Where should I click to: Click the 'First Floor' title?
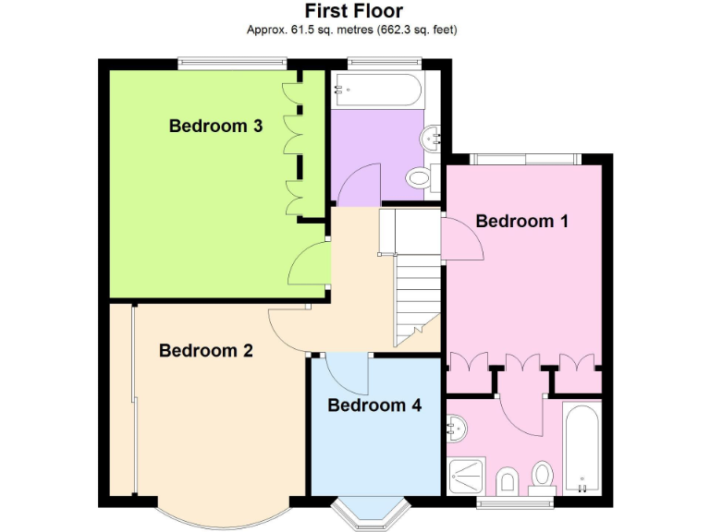(x=354, y=12)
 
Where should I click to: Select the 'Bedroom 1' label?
(x=521, y=221)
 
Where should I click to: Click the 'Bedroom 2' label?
(x=206, y=350)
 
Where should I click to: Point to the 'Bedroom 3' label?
(x=215, y=126)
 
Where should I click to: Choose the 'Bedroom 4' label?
(x=374, y=405)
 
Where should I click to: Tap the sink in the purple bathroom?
(x=432, y=139)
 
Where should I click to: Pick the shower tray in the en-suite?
(x=469, y=476)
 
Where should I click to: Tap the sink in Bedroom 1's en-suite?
(x=456, y=427)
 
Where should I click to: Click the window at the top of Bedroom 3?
(x=231, y=63)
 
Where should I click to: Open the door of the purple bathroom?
(x=361, y=185)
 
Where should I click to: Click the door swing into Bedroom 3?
(x=307, y=268)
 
